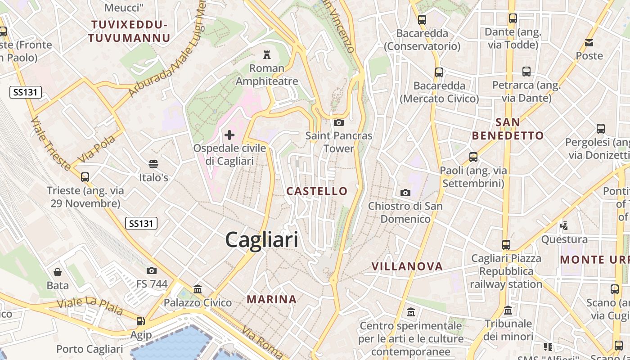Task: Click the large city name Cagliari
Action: click(261, 239)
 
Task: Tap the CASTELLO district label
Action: click(317, 191)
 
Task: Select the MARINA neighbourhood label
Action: click(272, 299)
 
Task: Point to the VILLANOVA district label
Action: click(407, 266)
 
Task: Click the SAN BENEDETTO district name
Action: click(508, 129)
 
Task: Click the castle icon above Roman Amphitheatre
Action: click(267, 55)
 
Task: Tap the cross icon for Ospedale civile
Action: click(229, 135)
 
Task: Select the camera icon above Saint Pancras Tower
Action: click(339, 122)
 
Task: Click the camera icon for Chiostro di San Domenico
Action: click(405, 193)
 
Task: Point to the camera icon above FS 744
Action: click(152, 270)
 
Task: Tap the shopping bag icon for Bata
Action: click(58, 272)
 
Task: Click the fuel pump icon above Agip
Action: click(141, 321)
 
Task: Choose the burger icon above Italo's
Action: click(153, 164)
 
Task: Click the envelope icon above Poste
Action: click(589, 43)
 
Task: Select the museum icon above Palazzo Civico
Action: click(198, 289)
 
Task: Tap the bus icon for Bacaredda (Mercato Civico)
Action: click(439, 72)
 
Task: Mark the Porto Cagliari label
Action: click(90, 349)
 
